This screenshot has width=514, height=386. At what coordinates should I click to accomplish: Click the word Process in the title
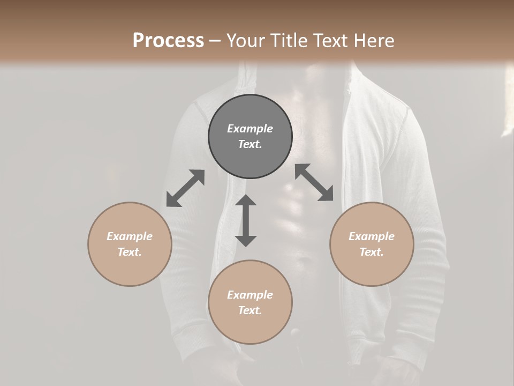pos(168,41)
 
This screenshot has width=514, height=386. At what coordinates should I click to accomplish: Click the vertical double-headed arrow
pos(246,220)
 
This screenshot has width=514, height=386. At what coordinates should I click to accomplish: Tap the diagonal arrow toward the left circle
pos(185,188)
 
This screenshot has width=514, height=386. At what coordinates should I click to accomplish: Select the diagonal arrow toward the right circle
pos(314,183)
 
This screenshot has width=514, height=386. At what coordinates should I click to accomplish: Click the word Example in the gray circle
pos(250,129)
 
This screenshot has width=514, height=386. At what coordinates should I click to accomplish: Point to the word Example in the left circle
pos(130,236)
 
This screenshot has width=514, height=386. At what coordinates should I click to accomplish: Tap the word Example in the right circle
pos(372,236)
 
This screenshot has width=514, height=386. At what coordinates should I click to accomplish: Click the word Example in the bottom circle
pos(250,295)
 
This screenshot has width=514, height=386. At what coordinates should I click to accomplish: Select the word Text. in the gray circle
pos(250,144)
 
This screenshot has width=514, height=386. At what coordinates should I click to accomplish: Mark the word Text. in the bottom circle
pos(250,310)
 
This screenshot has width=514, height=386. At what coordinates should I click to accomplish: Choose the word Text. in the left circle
pos(130,252)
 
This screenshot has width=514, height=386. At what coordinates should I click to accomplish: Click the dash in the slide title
pos(215,41)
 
